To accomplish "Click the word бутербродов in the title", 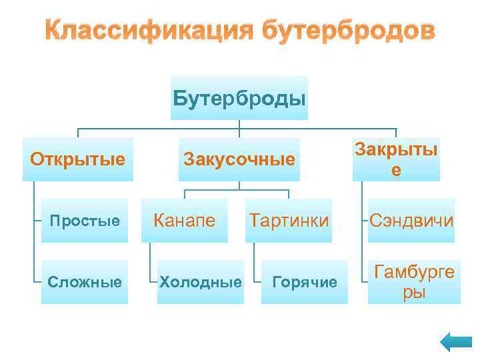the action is (347, 31).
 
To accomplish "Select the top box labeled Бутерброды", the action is (239, 99).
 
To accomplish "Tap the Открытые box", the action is (78, 160).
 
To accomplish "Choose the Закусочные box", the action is (239, 160).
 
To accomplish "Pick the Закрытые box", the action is (396, 160).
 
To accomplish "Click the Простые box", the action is (84, 221).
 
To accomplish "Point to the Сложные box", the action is (84, 282).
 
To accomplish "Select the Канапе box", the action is (185, 221).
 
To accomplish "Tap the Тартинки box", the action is (289, 221).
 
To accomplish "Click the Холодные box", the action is (200, 282).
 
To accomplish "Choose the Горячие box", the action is (305, 282).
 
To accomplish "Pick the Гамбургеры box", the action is (414, 282).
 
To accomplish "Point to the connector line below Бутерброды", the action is (239, 128).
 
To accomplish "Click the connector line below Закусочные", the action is (237, 189).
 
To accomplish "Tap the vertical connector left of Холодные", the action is (151, 263).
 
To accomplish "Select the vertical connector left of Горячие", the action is (255, 263).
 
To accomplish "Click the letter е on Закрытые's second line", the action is (397, 171).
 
